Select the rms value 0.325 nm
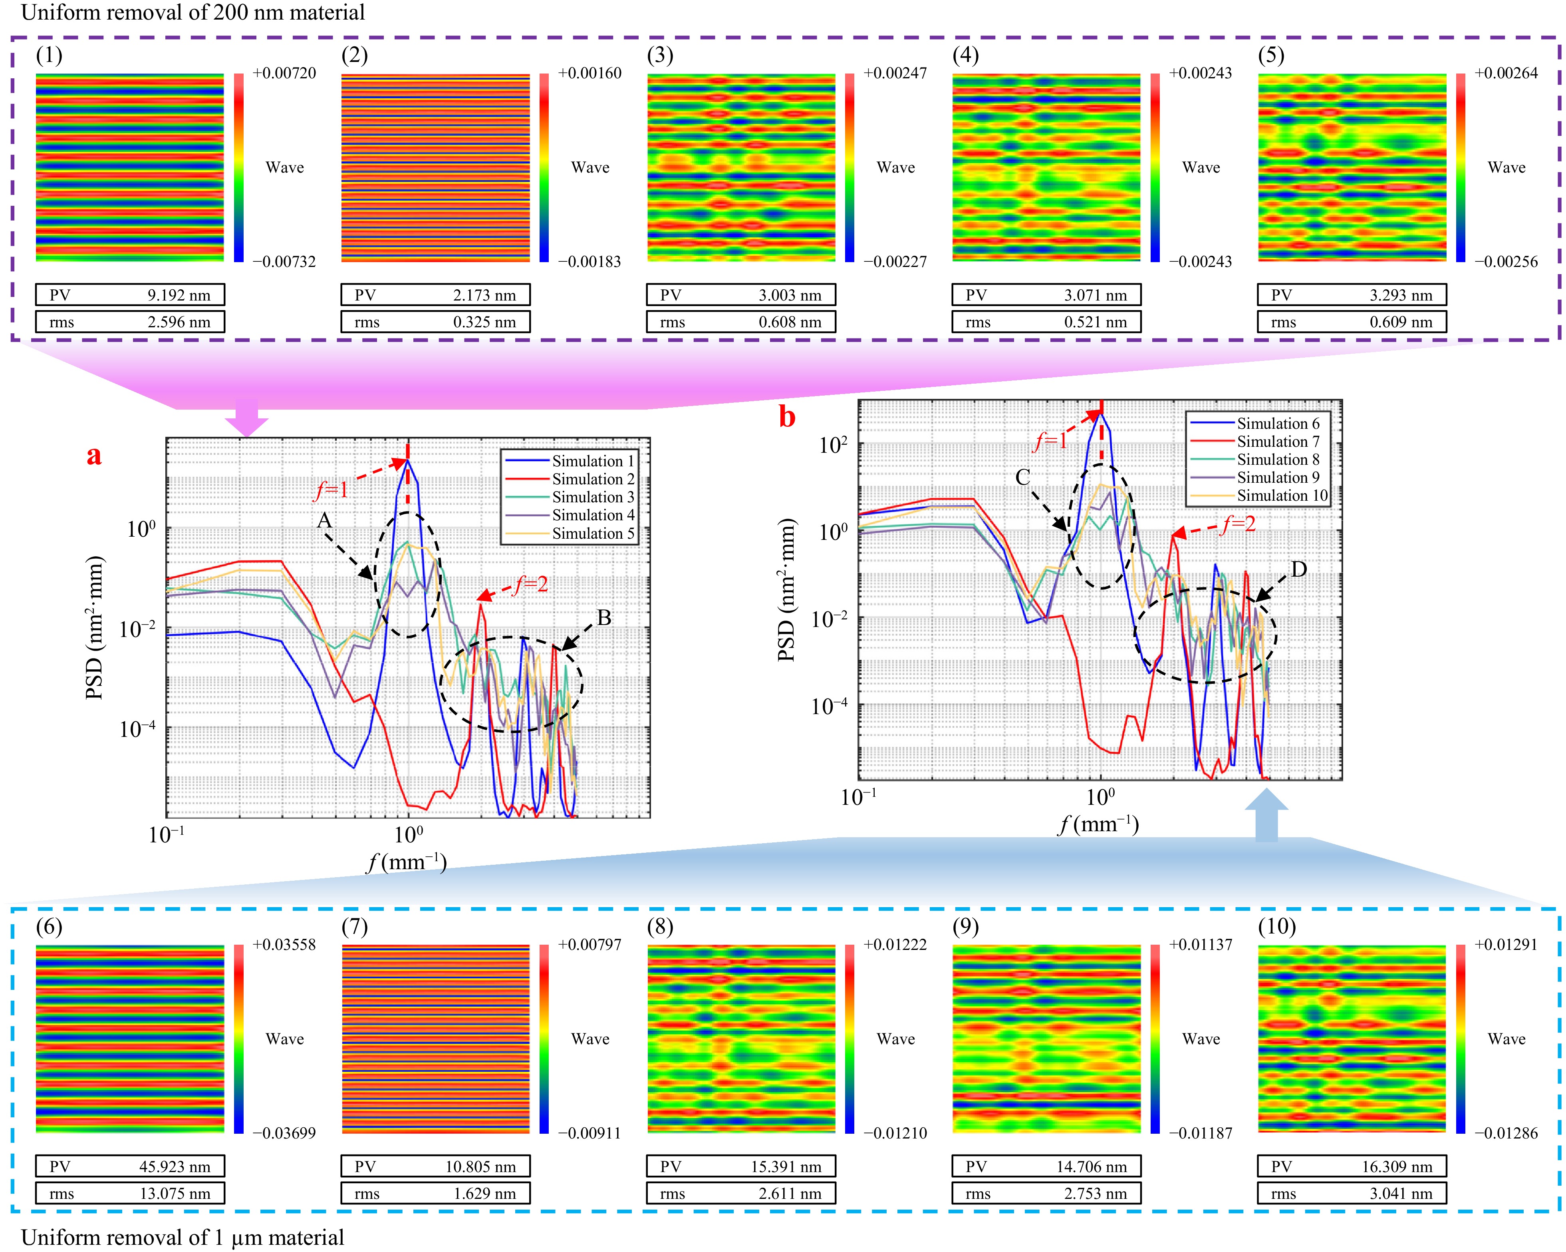point(484,322)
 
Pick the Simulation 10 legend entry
point(1282,496)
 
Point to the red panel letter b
point(787,417)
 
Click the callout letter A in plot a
point(324,520)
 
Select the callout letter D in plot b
point(1299,569)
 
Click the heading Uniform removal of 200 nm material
point(193,12)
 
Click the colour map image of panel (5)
point(1352,167)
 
